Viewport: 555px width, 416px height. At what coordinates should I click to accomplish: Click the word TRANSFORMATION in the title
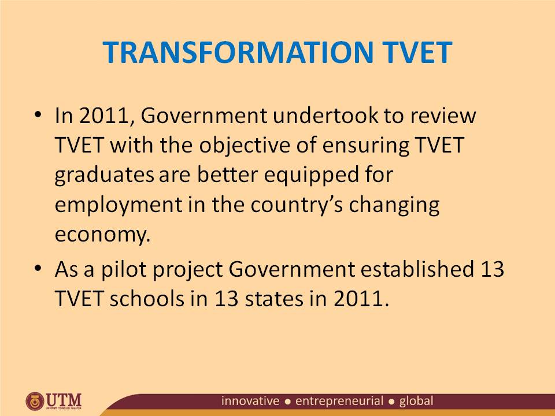[x=234, y=53]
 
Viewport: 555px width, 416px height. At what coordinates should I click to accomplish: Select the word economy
[x=102, y=236]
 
